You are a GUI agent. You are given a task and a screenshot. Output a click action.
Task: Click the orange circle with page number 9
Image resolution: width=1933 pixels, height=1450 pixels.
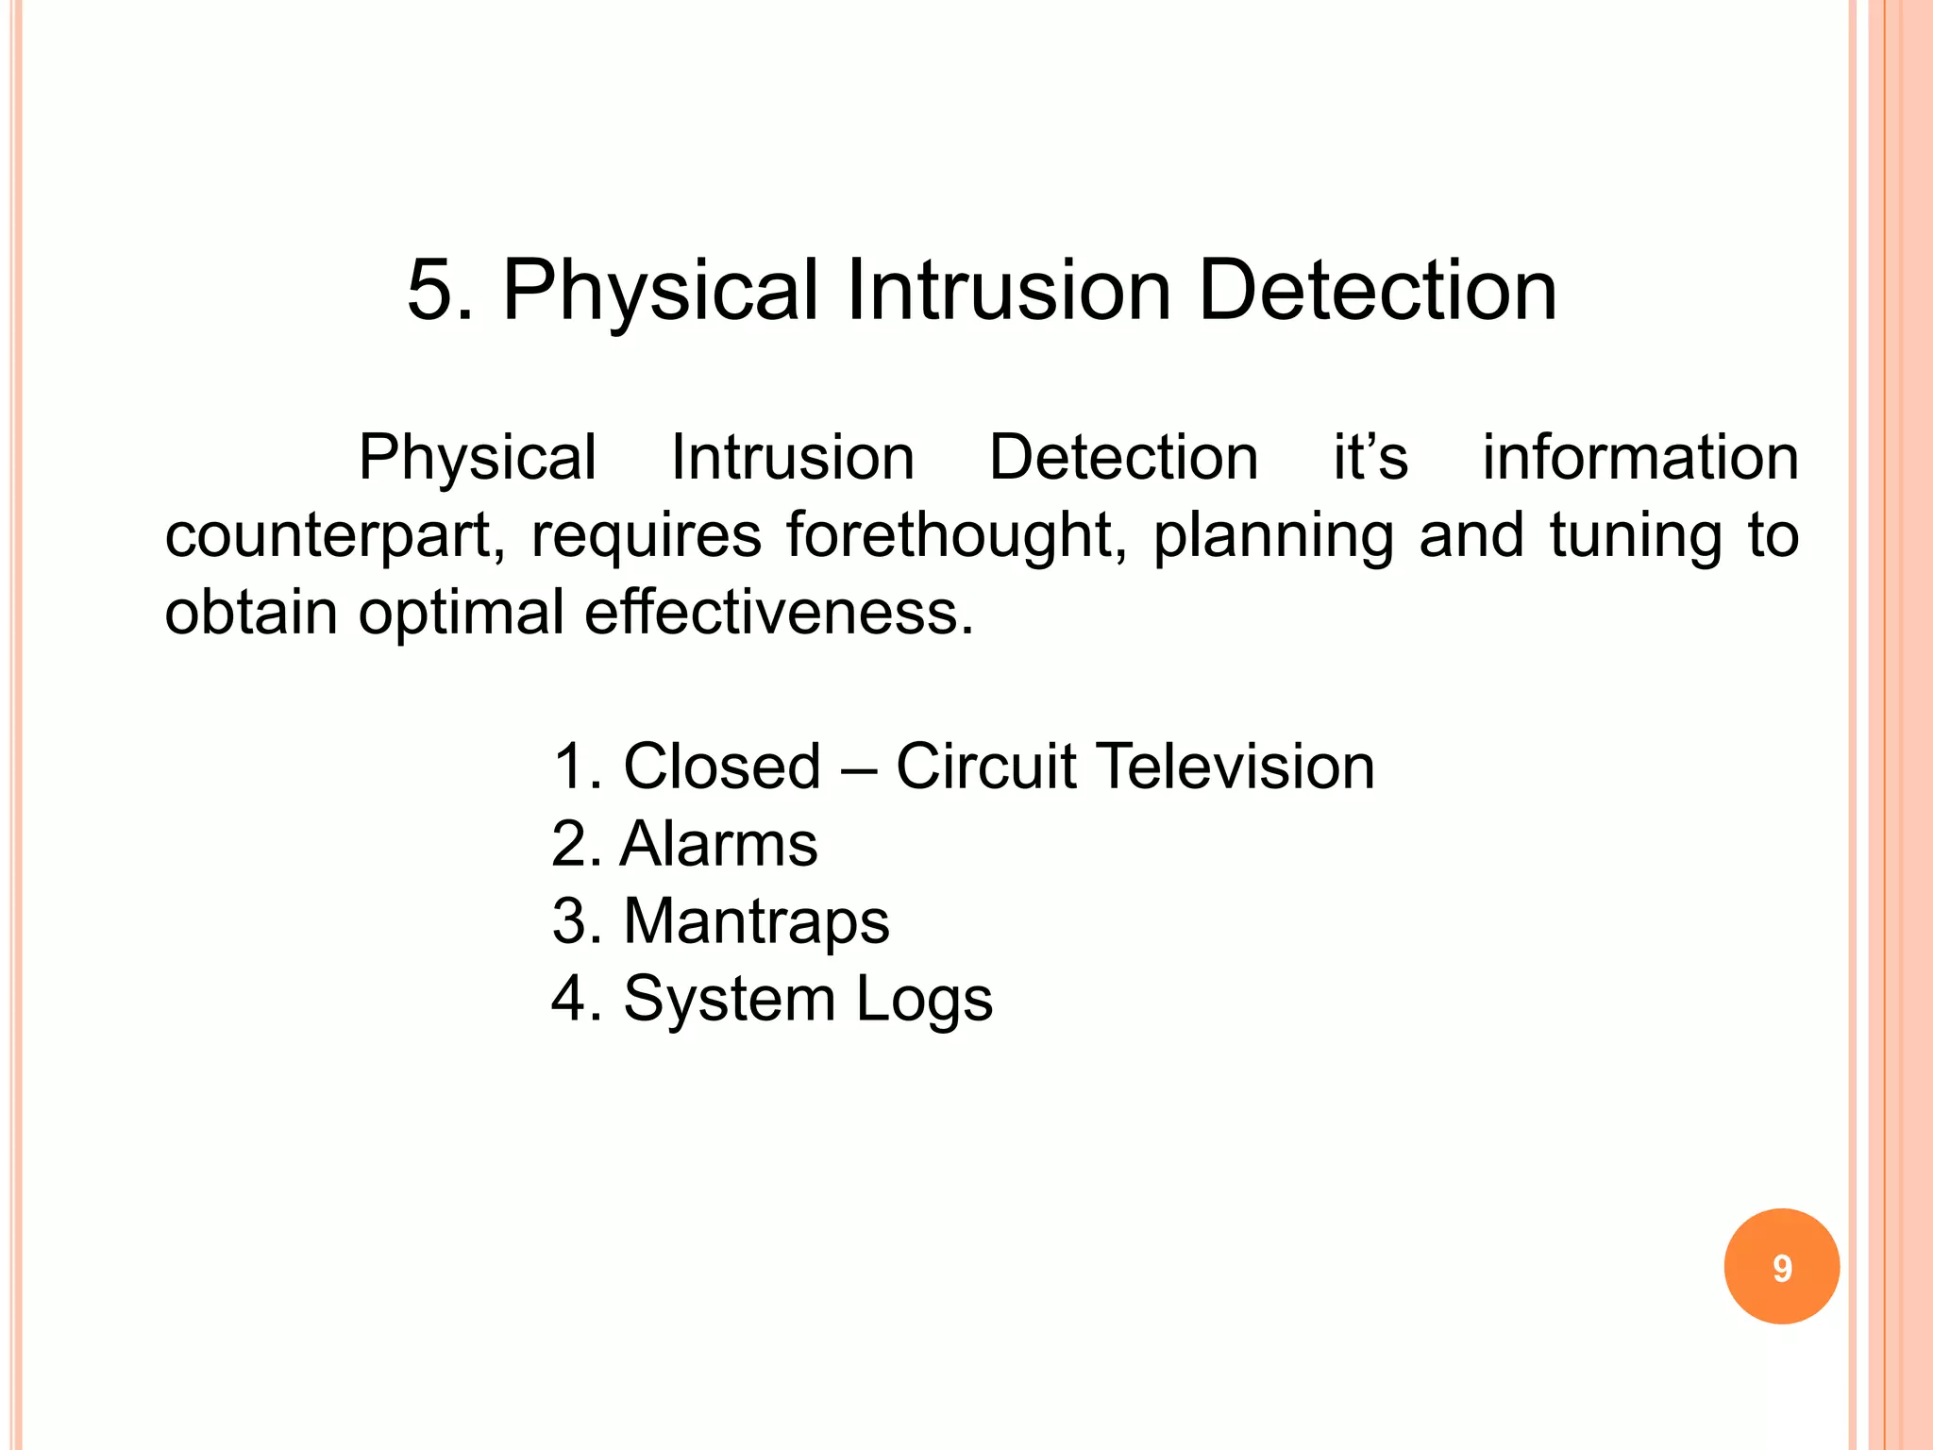(1781, 1266)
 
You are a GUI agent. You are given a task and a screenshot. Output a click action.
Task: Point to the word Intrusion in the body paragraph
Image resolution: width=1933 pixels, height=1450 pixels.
(793, 458)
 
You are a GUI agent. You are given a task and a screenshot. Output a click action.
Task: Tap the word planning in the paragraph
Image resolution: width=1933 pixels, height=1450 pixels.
(1273, 537)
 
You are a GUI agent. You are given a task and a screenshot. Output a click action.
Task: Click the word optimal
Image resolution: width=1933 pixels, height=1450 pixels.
(461, 615)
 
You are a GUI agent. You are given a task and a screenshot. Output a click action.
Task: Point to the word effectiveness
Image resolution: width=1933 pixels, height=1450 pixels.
(779, 613)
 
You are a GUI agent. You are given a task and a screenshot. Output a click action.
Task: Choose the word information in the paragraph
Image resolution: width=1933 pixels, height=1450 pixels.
(1640, 458)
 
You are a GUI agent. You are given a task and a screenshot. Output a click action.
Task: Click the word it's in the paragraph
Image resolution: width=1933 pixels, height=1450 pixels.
(1370, 458)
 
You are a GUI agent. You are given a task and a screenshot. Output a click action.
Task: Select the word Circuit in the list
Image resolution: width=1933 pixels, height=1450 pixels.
(985, 766)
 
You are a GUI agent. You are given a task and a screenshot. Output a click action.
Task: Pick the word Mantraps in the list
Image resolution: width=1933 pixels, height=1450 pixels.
(756, 921)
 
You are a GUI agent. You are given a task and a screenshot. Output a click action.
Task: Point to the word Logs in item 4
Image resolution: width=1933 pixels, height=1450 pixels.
(924, 1000)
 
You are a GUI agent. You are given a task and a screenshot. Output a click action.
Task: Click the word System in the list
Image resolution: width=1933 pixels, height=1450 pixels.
(730, 1000)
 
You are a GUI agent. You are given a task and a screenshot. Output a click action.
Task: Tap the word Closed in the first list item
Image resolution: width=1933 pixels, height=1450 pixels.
(722, 766)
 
